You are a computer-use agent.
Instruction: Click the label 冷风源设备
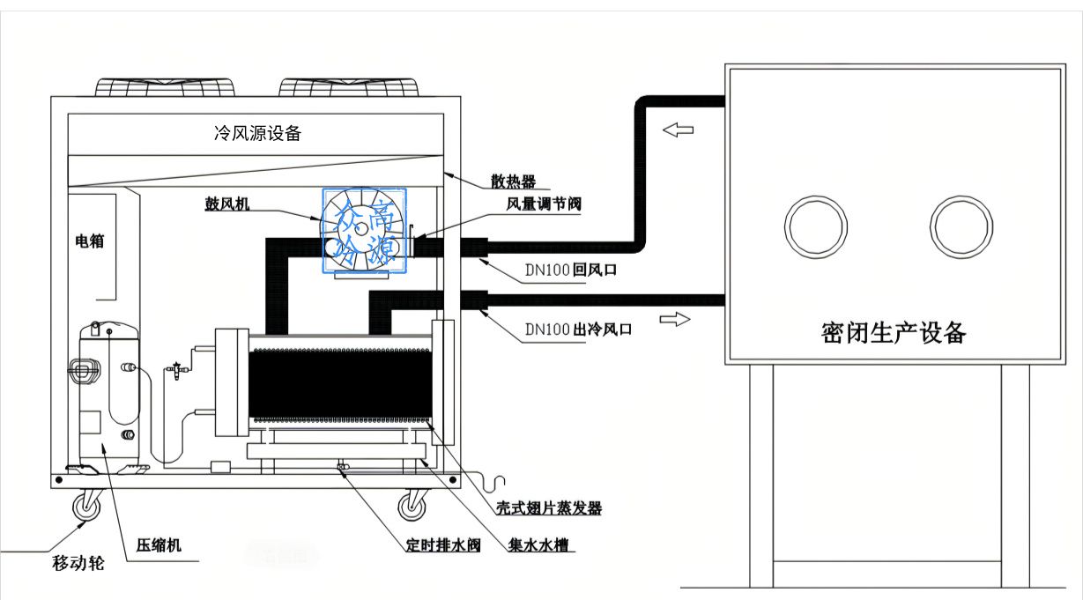pos(257,133)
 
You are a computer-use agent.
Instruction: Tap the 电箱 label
pos(89,241)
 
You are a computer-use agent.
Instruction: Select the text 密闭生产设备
pos(894,333)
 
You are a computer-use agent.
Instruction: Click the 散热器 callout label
pos(514,181)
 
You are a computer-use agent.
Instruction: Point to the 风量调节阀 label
pos(544,204)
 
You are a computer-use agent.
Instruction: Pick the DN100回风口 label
pos(569,271)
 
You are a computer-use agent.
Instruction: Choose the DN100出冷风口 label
pos(578,330)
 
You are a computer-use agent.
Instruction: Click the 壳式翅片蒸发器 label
pos(547,508)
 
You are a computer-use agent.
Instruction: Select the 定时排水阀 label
pos(443,544)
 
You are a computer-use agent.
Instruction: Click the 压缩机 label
pos(159,544)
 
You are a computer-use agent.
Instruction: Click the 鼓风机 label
pos(227,204)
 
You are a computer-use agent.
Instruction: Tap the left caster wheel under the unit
pos(87,506)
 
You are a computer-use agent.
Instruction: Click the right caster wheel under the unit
pos(411,506)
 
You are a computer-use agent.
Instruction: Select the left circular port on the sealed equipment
pos(817,226)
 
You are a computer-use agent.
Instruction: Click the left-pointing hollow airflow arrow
pos(678,130)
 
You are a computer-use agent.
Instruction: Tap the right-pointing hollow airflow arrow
pos(675,319)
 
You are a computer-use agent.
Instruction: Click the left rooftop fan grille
pos(166,86)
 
